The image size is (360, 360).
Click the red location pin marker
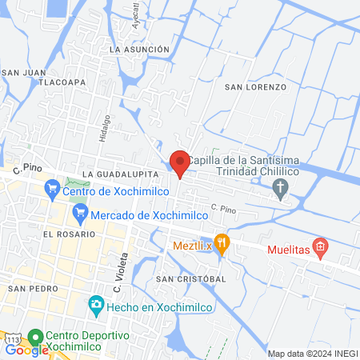click(180, 163)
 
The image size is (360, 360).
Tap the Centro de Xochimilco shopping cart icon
click(53, 190)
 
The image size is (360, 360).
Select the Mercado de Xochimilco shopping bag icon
click(79, 214)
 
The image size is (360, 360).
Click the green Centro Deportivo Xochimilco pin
click(35, 337)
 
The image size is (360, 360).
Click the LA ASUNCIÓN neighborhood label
click(140, 50)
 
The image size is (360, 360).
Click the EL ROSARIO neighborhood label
click(70, 234)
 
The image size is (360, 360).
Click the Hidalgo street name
click(104, 127)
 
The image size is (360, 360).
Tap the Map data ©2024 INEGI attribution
click(312, 354)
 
